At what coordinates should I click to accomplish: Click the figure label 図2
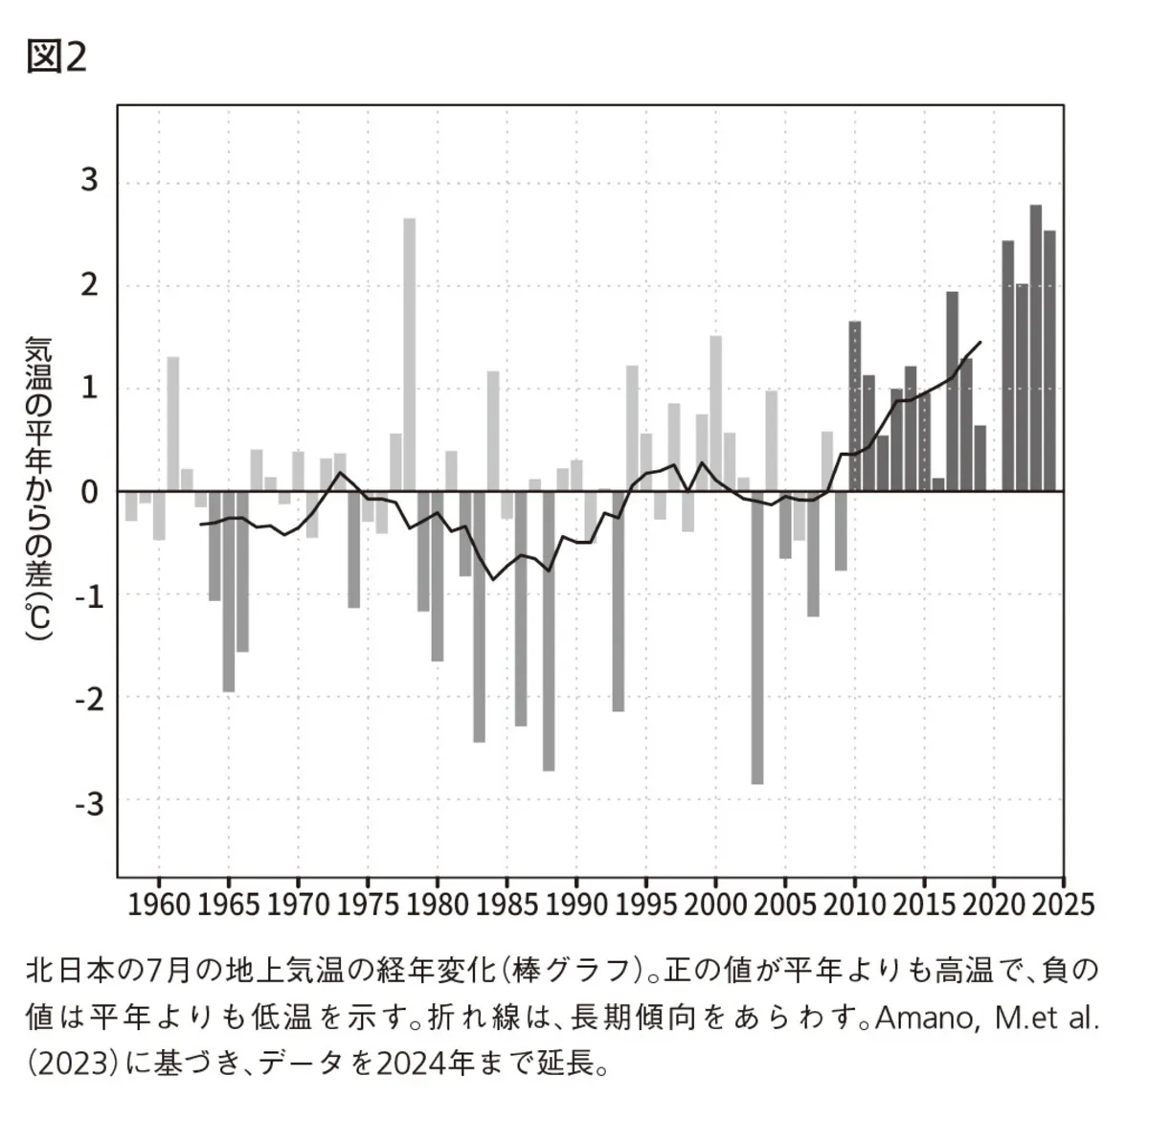point(56,57)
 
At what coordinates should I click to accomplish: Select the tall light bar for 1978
point(409,354)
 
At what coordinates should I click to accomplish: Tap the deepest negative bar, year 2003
point(757,638)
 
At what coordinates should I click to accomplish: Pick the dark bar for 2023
point(1036,347)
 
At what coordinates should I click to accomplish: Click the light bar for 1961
point(173,423)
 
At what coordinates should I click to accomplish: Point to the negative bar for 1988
point(549,631)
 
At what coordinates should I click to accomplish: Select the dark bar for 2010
point(855,406)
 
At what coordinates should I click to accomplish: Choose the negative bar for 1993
point(619,601)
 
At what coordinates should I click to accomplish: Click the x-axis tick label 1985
point(507,904)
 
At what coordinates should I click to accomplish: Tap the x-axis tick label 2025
point(1063,904)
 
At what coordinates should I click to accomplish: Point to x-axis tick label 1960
point(159,904)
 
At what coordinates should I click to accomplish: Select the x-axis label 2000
point(715,904)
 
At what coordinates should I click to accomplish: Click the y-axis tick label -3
point(88,802)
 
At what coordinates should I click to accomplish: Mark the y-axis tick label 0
point(90,492)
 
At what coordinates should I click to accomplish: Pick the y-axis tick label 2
point(90,285)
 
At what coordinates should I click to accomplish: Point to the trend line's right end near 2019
point(980,342)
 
